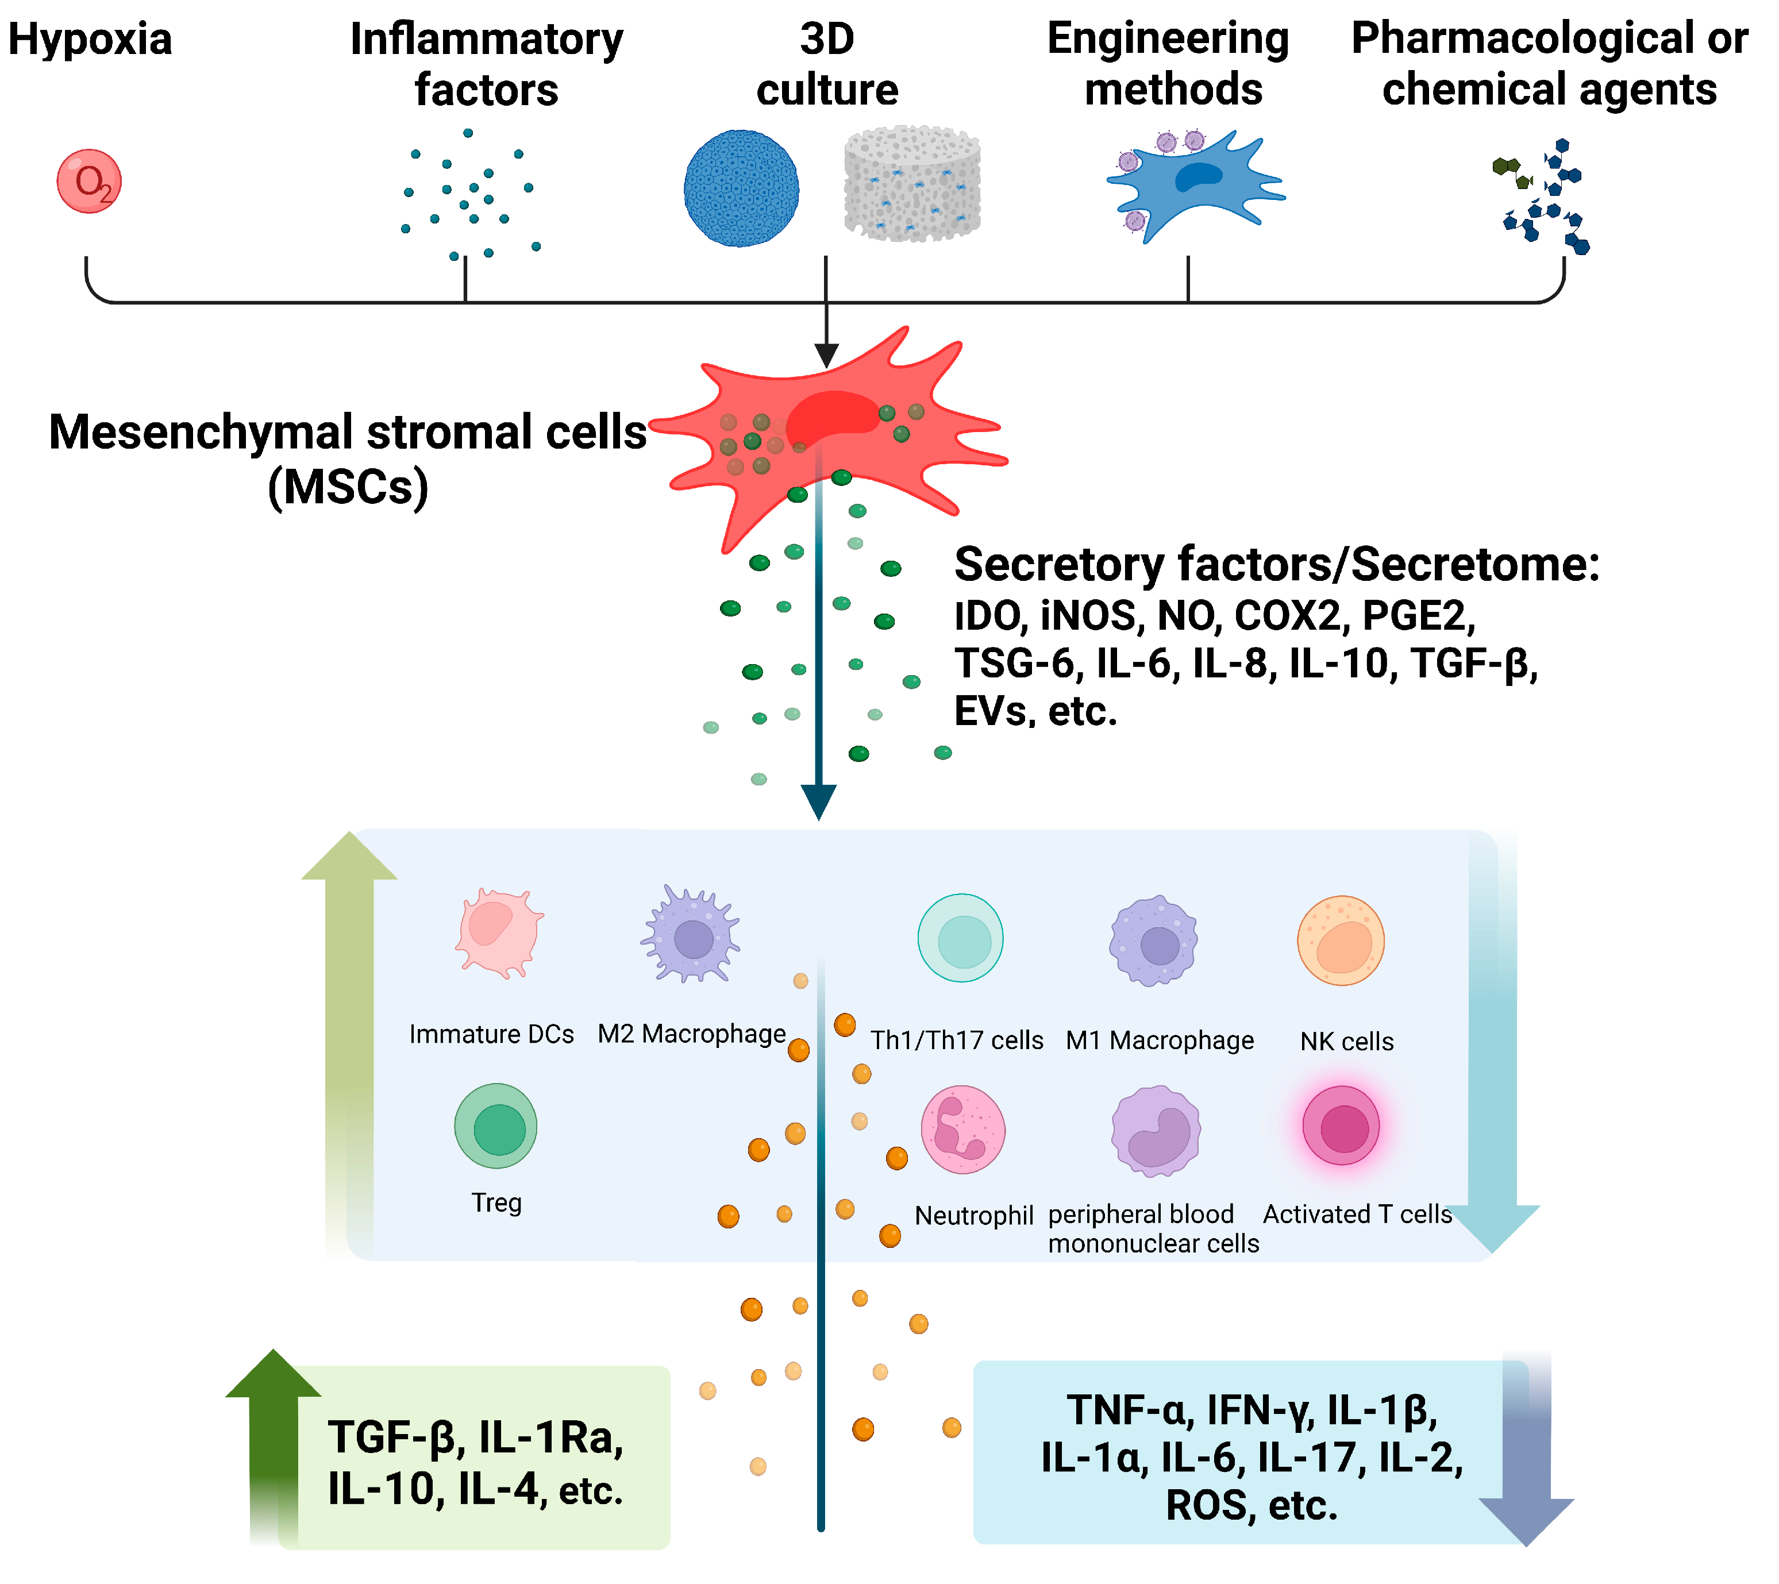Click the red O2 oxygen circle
tap(88, 181)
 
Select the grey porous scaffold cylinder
tap(912, 184)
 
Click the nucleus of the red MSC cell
tap(831, 416)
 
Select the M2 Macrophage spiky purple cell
tap(692, 935)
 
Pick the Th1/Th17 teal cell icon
tap(961, 938)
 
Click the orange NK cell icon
tap(1341, 941)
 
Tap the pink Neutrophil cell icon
tap(962, 1130)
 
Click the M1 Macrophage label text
tap(1160, 1041)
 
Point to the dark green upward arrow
tap(274, 1436)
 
